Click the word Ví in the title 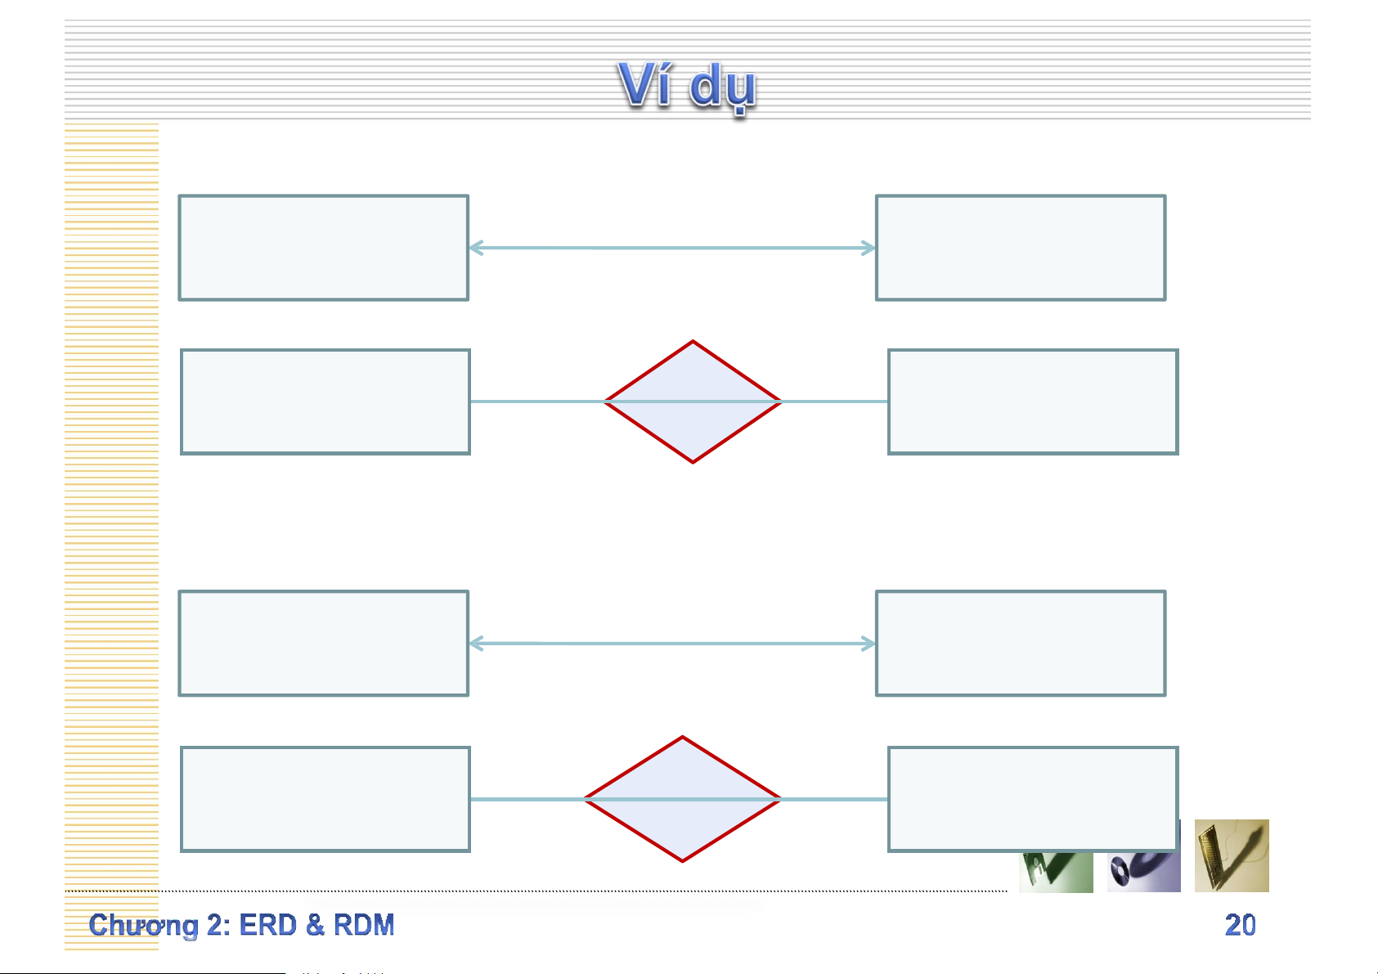pyautogui.click(x=645, y=84)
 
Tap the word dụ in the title pyautogui.click(x=723, y=87)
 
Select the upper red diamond pyautogui.click(x=693, y=402)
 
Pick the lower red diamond pyautogui.click(x=682, y=799)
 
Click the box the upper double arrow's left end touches pyautogui.click(x=324, y=248)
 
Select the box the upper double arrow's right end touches pyautogui.click(x=1021, y=248)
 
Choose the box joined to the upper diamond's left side pyautogui.click(x=325, y=402)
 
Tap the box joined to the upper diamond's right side pyautogui.click(x=1033, y=402)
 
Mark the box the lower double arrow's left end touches pyautogui.click(x=324, y=644)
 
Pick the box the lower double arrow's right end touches pyautogui.click(x=1021, y=644)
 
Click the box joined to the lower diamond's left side pyautogui.click(x=325, y=799)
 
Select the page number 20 pyautogui.click(x=1240, y=925)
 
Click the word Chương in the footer pyautogui.click(x=144, y=925)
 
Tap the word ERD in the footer pyautogui.click(x=267, y=925)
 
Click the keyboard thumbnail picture pyautogui.click(x=1232, y=856)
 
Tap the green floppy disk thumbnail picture pyautogui.click(x=1055, y=872)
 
